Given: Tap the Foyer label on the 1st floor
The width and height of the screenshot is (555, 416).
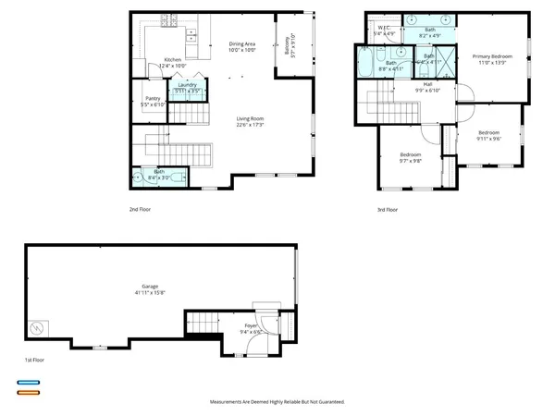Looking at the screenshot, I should [251, 325].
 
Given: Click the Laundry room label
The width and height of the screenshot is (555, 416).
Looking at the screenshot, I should [188, 85].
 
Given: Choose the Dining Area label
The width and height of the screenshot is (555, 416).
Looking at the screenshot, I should [242, 44].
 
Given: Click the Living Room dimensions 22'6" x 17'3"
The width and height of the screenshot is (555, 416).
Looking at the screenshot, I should [251, 125].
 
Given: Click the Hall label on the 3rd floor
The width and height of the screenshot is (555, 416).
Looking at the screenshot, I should [428, 84].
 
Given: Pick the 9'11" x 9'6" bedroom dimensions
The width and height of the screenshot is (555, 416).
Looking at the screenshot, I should [488, 139].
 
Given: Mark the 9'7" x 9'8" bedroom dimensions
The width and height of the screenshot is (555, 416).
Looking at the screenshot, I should [410, 160].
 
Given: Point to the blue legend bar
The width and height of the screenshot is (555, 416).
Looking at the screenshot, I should [28, 382].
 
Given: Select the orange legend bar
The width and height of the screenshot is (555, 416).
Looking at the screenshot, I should [28, 392].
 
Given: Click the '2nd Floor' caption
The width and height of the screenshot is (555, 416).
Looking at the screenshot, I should [140, 210].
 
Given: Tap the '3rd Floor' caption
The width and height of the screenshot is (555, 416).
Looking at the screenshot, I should [387, 210].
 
